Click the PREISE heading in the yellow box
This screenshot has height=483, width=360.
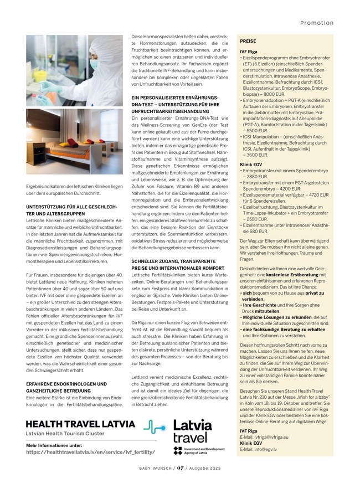point(248,41)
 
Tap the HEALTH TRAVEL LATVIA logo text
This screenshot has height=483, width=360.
point(80,424)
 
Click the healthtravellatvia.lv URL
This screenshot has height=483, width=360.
point(90,452)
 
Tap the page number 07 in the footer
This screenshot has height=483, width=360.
point(180,467)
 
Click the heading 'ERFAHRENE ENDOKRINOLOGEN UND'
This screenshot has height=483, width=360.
point(66,384)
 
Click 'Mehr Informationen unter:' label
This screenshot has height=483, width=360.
point(54,445)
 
